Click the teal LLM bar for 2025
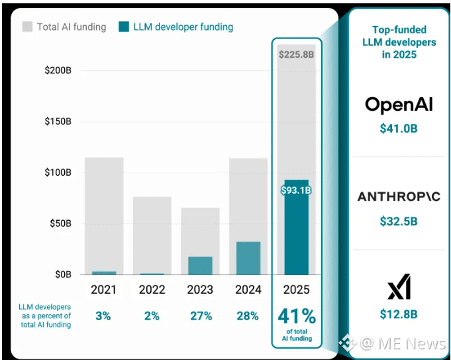[296, 232]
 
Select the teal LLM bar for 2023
[200, 265]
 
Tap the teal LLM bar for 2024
[248, 258]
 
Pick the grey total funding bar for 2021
[104, 212]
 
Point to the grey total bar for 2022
[152, 232]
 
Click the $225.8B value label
[296, 54]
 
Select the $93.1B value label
[296, 190]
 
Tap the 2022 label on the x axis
[152, 290]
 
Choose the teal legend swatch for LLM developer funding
[124, 27]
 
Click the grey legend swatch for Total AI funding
[28, 27]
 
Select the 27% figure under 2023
[200, 316]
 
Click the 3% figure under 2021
[104, 316]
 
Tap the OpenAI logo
[399, 105]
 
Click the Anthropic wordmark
[399, 197]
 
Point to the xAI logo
[399, 289]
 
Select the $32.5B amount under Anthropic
[399, 221]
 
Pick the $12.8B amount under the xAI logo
[399, 314]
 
